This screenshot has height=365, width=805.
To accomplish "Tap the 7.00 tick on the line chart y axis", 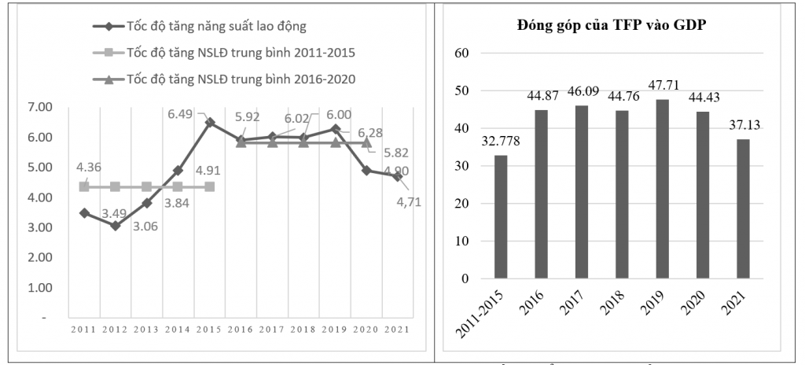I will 40,107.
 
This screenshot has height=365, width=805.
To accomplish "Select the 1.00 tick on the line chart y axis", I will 40,288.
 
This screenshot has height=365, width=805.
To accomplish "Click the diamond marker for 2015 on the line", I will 209,123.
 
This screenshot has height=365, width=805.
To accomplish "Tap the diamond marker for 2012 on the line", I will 116,226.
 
